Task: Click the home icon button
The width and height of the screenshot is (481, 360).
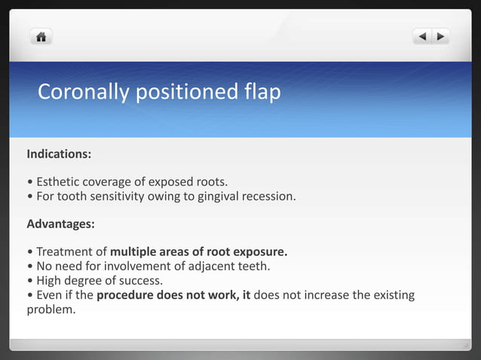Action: point(41,35)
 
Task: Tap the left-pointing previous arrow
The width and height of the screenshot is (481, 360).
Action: point(422,35)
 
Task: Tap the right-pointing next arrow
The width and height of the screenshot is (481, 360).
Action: point(440,35)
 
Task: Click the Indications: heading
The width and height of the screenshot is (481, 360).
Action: point(59,154)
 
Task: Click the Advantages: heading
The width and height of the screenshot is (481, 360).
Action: point(60,224)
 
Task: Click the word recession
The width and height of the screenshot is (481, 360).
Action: point(268,197)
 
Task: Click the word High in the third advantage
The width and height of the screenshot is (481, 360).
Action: point(49,280)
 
